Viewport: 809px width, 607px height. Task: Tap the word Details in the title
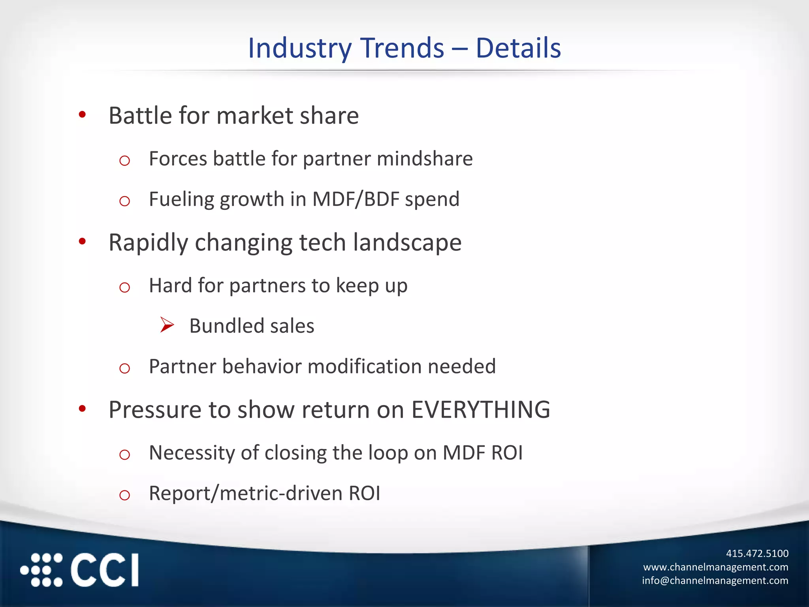[x=518, y=48]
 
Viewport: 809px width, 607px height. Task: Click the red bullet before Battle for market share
[x=82, y=115]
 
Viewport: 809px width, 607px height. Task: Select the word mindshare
[x=425, y=159]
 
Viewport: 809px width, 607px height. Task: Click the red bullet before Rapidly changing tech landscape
[x=82, y=241]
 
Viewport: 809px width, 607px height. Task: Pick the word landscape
[x=407, y=243]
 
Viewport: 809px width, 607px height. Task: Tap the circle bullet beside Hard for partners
[x=124, y=287]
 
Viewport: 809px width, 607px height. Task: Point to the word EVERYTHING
[x=480, y=410]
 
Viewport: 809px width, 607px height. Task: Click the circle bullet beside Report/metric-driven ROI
[x=124, y=495]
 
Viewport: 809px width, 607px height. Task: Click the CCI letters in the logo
[x=105, y=570]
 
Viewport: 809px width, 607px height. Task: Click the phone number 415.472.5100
[x=757, y=554]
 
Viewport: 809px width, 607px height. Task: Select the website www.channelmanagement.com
[x=715, y=567]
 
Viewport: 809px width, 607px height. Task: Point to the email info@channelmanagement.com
[x=715, y=581]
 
